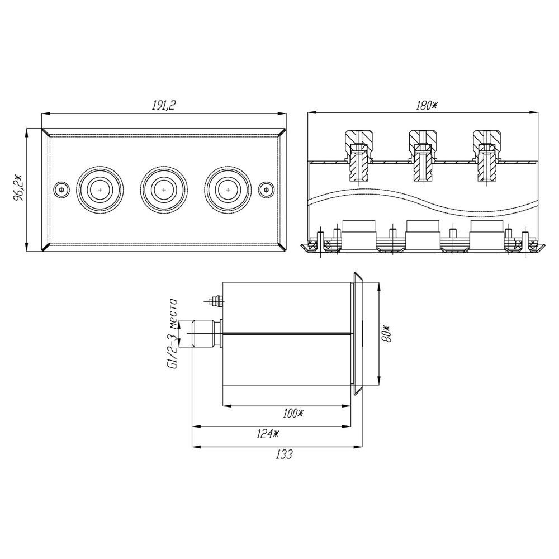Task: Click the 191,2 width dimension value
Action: (x=164, y=105)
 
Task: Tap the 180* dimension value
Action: (x=427, y=106)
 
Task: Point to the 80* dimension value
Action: (x=386, y=333)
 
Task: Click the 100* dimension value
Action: (x=292, y=414)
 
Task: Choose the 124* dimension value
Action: (x=267, y=434)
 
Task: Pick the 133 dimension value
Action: (x=284, y=454)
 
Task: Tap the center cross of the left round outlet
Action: (x=100, y=190)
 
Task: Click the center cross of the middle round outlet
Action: (x=164, y=190)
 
